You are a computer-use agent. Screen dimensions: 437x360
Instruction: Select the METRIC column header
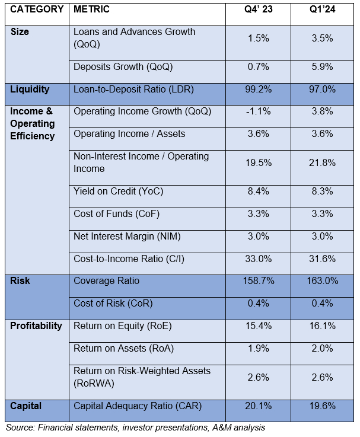pyautogui.click(x=94, y=10)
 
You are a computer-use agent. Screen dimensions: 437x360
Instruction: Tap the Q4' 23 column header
pyautogui.click(x=259, y=10)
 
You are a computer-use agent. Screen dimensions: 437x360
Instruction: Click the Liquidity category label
pyautogui.click(x=30, y=90)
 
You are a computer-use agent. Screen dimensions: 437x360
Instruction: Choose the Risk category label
pyautogui.click(x=21, y=280)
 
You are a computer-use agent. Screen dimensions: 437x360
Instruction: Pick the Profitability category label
pyautogui.click(x=36, y=326)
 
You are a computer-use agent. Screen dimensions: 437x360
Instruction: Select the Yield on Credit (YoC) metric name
pyautogui.click(x=118, y=192)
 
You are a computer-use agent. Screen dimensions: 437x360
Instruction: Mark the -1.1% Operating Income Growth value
pyautogui.click(x=259, y=112)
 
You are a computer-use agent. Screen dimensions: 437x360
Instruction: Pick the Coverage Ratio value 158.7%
pyautogui.click(x=259, y=280)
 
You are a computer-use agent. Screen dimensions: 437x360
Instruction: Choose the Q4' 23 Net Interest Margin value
pyautogui.click(x=259, y=236)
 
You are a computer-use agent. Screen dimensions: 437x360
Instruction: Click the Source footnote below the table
pyautogui.click(x=135, y=427)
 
